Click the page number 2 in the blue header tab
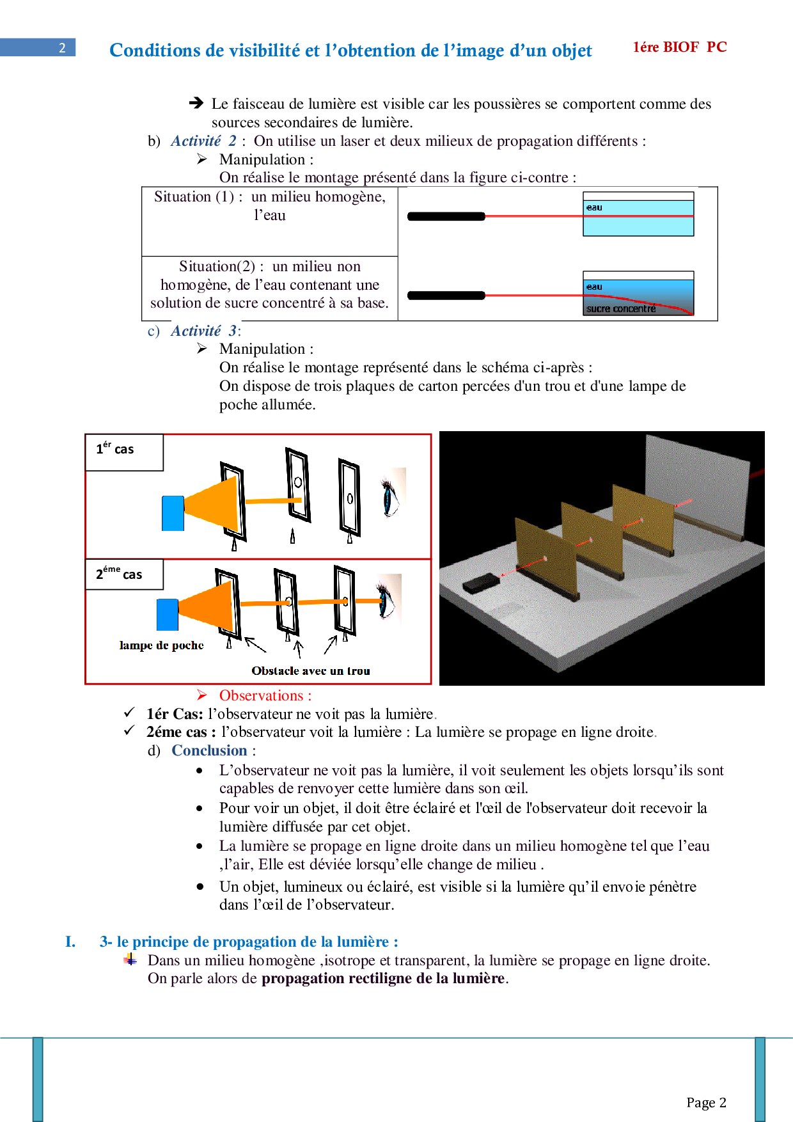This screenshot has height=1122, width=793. pos(62,47)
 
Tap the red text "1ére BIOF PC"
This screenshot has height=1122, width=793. pos(680,47)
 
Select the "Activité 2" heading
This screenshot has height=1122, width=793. pos(203,141)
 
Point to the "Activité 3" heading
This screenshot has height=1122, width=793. pos(204,331)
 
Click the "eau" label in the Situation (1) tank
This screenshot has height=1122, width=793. pos(594,207)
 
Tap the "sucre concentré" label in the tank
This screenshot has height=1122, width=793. pos(621,309)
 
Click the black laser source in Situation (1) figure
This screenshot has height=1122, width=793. pos(446,216)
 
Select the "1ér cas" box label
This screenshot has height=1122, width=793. pos(115,448)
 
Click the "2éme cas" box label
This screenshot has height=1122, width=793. pos(119,573)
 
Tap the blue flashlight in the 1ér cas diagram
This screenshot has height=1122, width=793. pos(173,513)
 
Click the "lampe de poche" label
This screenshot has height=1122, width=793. pos(161,645)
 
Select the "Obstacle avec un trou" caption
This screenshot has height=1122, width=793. pos(311,671)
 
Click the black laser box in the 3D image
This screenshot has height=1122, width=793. pos(482,583)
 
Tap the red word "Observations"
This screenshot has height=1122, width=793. pos(261,695)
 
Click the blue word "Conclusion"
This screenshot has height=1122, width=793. pos(209,750)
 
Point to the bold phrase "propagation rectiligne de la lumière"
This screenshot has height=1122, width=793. pos(383,978)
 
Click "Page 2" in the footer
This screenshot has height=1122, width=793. pos(706,1102)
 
